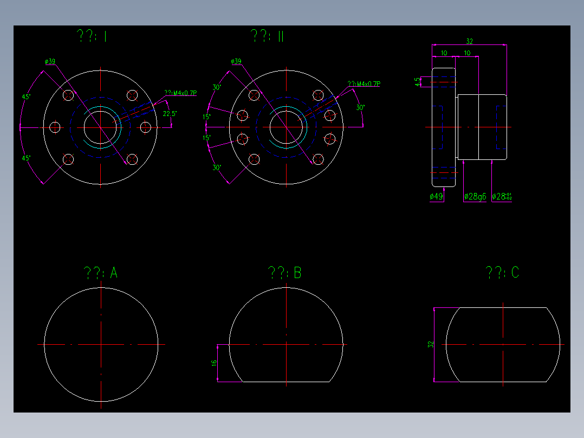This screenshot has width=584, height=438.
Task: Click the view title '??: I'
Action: pos(92,37)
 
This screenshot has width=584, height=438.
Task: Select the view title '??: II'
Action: pos(268,36)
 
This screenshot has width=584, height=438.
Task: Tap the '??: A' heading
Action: pos(101,273)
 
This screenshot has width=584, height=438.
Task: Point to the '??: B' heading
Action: pos(285,273)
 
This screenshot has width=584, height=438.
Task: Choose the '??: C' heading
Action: pos(503,272)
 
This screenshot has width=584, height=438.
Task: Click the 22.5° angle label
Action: pos(170,114)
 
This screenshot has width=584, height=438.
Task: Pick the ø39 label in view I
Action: pos(50,61)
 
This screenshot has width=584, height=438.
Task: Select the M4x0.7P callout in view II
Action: pos(364,84)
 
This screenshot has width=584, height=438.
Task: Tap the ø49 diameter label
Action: pos(437,197)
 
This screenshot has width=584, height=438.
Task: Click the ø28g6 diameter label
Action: pos(475,197)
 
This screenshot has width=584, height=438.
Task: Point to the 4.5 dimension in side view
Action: pos(417,82)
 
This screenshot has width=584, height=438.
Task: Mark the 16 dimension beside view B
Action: pos(214,363)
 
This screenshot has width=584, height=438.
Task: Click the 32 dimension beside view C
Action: pos(431,344)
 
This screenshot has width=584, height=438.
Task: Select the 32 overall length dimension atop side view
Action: pos(469,41)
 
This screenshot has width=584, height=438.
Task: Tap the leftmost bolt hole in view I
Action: pos(55,127)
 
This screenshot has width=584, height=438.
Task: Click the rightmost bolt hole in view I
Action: pos(146,127)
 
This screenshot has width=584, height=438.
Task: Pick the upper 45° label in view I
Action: pos(25,96)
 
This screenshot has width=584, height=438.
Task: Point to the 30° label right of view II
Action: pos(360,107)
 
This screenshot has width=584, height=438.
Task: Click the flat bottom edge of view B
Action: pos(286,382)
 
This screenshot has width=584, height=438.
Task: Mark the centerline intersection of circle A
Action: pos(101,344)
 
